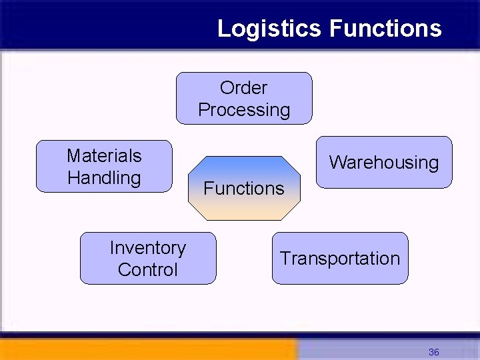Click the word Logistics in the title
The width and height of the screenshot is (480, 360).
pyautogui.click(x=270, y=29)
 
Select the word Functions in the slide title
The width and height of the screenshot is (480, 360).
pyautogui.click(x=385, y=29)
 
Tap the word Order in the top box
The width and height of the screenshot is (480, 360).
pyautogui.click(x=243, y=88)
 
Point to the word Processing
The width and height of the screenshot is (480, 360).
pyautogui.click(x=244, y=110)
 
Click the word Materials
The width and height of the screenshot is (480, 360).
pyautogui.click(x=104, y=156)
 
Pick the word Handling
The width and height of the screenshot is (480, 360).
pyautogui.click(x=104, y=178)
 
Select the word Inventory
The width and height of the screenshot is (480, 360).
pyautogui.click(x=147, y=248)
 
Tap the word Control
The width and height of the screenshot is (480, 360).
pyautogui.click(x=147, y=270)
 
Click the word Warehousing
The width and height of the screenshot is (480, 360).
pyautogui.click(x=383, y=163)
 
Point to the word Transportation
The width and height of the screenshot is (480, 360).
pyautogui.click(x=340, y=259)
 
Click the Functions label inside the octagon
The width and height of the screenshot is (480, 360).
pyautogui.click(x=243, y=189)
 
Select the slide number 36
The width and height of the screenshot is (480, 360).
pyautogui.click(x=433, y=352)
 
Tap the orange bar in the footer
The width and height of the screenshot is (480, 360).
pyautogui.click(x=147, y=349)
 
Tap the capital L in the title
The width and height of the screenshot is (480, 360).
pyautogui.click(x=223, y=29)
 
